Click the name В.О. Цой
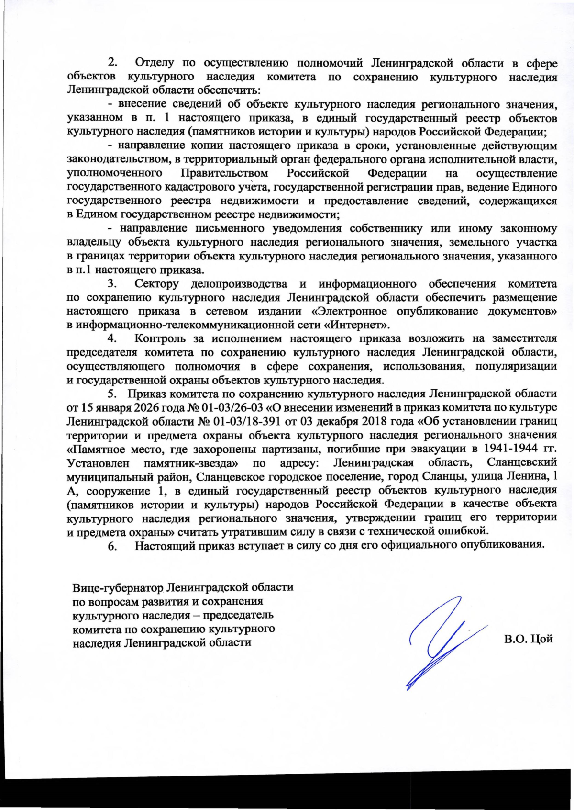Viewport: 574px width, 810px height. [x=528, y=639]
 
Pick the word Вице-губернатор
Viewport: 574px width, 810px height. [x=118, y=587]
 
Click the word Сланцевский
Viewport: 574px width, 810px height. [x=522, y=463]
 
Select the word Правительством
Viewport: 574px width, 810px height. [x=224, y=173]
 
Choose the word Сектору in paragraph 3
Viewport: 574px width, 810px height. [x=156, y=284]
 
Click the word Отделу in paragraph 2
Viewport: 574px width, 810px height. [x=154, y=63]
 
